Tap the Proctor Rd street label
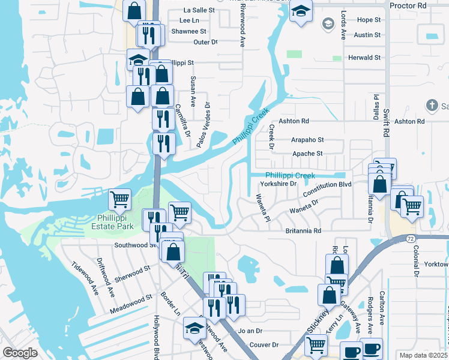[408, 5]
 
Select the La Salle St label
[199, 10]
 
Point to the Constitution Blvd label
[327, 184]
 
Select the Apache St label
[307, 154]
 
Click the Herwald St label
[364, 58]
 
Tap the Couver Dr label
[264, 345]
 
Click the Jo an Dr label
[250, 331]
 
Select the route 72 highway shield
[411, 239]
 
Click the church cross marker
[431, 106]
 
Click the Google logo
[20, 353]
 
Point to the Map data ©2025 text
[423, 355]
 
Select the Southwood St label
[135, 245]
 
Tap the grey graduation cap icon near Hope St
[328, 23]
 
